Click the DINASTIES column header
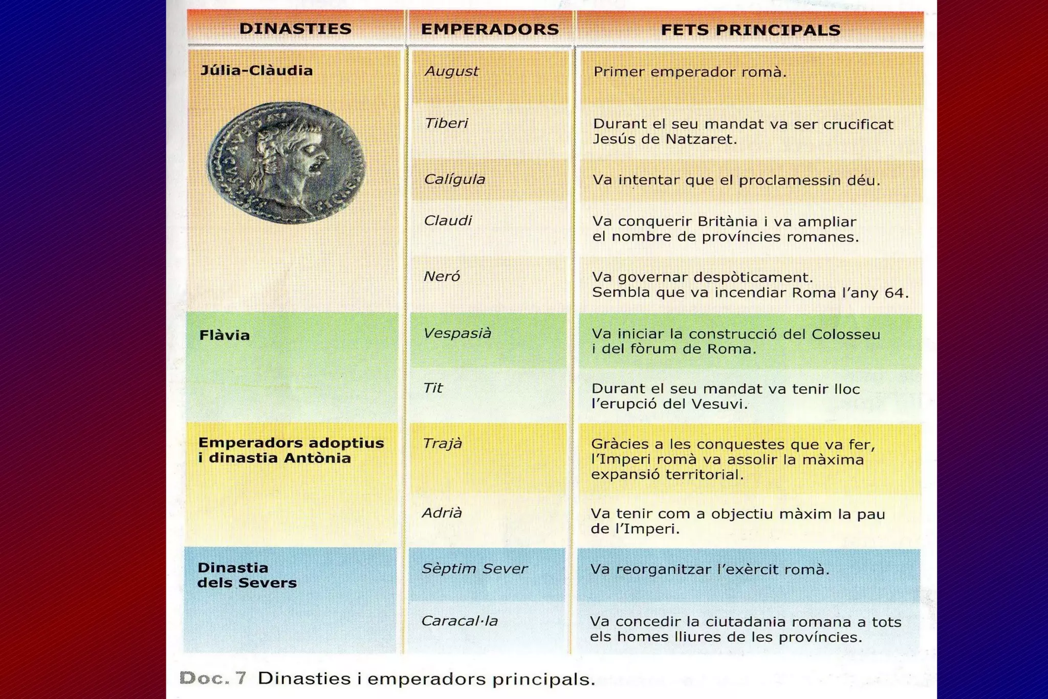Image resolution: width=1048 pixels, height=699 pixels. (x=295, y=29)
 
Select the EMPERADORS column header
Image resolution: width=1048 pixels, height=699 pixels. (x=490, y=29)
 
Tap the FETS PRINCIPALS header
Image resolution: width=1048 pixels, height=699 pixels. (x=750, y=30)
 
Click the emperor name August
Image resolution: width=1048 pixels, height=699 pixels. (x=451, y=71)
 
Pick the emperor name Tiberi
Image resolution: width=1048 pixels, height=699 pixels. (x=446, y=123)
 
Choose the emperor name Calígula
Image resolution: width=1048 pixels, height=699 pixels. (x=454, y=180)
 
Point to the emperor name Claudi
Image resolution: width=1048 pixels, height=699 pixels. (x=448, y=221)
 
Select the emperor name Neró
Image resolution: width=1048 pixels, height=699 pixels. (x=442, y=277)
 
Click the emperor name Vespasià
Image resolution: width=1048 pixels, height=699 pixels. (x=457, y=333)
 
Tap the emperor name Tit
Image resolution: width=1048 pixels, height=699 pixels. (x=433, y=388)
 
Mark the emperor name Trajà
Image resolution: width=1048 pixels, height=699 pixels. (x=443, y=443)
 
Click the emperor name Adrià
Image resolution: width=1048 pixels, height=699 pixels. (x=442, y=513)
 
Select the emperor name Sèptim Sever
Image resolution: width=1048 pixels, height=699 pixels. (x=474, y=568)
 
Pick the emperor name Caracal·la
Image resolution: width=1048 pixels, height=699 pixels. (x=460, y=621)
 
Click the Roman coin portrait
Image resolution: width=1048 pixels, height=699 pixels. (x=287, y=163)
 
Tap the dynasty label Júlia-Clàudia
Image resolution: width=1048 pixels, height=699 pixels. (x=256, y=71)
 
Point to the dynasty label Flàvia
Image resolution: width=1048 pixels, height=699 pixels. (x=224, y=335)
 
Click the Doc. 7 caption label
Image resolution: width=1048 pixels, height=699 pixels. (x=213, y=679)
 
